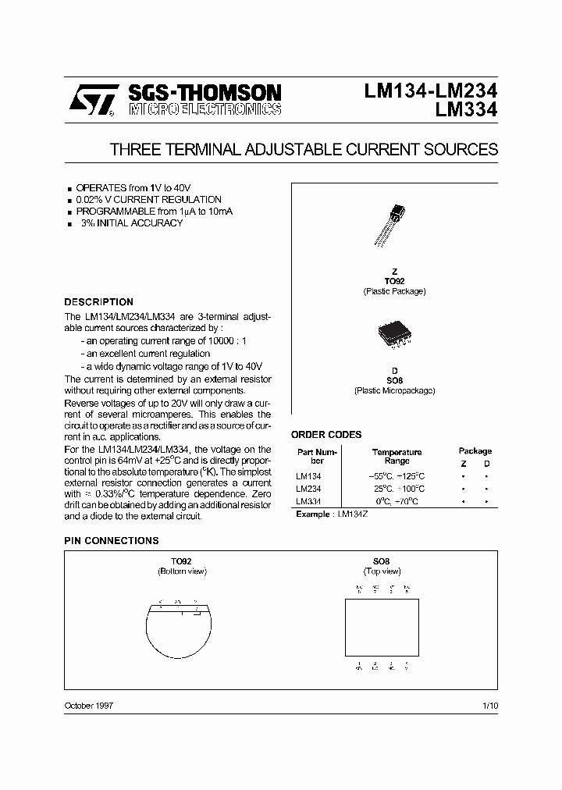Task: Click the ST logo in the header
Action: tap(93, 101)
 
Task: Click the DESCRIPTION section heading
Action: tap(98, 302)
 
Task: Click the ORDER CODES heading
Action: tap(326, 435)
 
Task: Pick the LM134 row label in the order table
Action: tap(308, 475)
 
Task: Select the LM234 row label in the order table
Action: tap(308, 488)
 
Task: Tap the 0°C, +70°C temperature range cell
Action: tap(397, 501)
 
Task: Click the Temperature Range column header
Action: tap(397, 456)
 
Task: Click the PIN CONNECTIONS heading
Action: tap(111, 540)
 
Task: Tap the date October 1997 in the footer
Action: tap(89, 705)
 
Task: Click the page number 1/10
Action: tap(490, 705)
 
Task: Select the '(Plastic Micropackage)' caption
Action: tap(394, 390)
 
